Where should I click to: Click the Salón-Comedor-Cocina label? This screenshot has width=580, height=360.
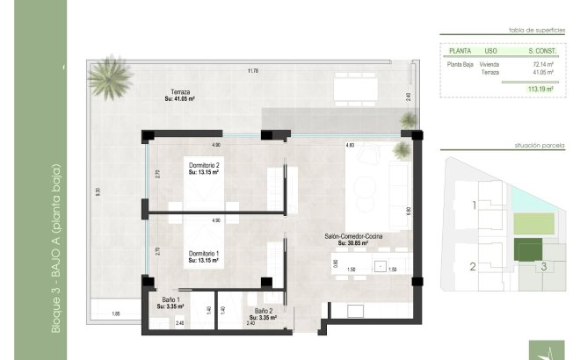pyautogui.click(x=352, y=237)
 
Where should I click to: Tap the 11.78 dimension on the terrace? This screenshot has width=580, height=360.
pyautogui.click(x=253, y=71)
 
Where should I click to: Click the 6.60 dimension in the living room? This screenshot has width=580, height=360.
pyautogui.click(x=407, y=211)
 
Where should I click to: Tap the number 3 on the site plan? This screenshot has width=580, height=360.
pyautogui.click(x=544, y=267)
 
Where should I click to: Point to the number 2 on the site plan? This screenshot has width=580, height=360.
pyautogui.click(x=472, y=268)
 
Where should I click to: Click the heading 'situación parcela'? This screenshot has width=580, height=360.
pyautogui.click(x=538, y=144)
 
